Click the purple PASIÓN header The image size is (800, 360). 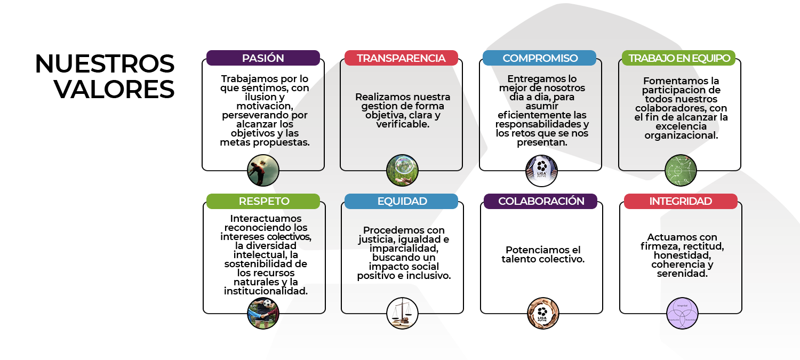pos(263,58)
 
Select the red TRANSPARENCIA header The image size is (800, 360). pos(401,58)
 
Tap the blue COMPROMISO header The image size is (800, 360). pos(540,58)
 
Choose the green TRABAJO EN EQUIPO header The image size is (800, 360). pos(678,58)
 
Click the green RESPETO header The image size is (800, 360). pos(263,201)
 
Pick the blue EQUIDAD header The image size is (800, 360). pos(401,201)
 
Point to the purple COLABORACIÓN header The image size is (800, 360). pos(541,201)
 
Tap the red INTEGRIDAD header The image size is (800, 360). pos(681,201)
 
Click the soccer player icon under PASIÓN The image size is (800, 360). pos(263,171)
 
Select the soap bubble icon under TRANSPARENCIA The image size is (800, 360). pos(402,171)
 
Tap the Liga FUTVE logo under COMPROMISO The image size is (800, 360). pos(541,171)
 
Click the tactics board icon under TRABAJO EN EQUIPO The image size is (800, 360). pos(681,171)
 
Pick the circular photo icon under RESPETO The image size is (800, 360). pos(263,313)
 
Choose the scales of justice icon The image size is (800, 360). pos(402,313)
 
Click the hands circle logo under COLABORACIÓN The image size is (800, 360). pos(541,313)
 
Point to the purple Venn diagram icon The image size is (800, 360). pos(682,313)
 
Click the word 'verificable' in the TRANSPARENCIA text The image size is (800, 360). pos(403,124)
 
